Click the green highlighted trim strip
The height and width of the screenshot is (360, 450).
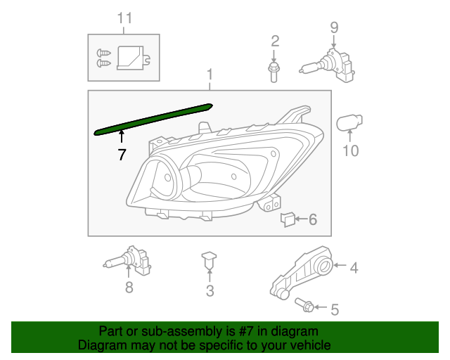[x=155, y=119]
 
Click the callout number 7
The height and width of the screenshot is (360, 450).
[x=122, y=155]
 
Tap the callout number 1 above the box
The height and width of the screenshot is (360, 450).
[x=209, y=75]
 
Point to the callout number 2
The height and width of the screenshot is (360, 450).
[x=275, y=41]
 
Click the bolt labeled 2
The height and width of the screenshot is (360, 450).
[x=274, y=71]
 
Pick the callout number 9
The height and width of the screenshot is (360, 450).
[x=334, y=27]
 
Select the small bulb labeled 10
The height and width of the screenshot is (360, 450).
[x=349, y=124]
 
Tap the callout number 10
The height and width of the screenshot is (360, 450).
[x=350, y=150]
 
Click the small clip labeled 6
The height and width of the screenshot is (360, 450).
[x=287, y=219]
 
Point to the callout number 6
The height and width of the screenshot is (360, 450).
[x=313, y=220]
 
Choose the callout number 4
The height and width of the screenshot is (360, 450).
[x=354, y=267]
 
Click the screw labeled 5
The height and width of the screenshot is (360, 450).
[x=307, y=306]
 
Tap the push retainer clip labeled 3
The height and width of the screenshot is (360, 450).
[x=209, y=259]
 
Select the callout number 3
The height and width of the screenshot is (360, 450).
[x=210, y=291]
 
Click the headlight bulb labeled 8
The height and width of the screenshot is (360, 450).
[x=130, y=261]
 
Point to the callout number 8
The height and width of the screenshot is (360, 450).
[x=129, y=287]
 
